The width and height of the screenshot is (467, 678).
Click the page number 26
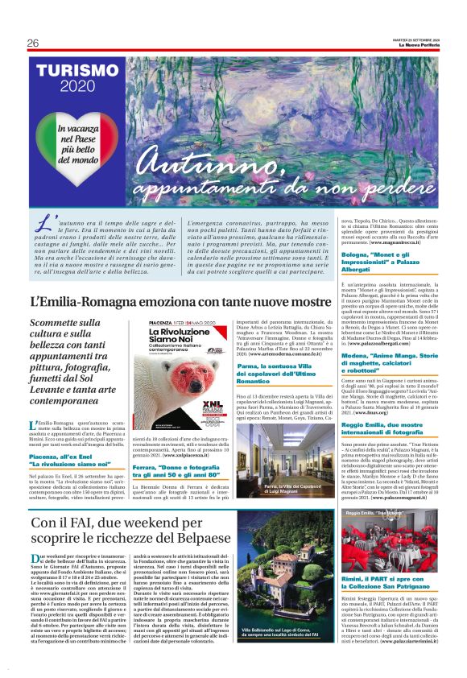click(33, 43)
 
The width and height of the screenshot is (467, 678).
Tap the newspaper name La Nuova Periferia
click(419, 44)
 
